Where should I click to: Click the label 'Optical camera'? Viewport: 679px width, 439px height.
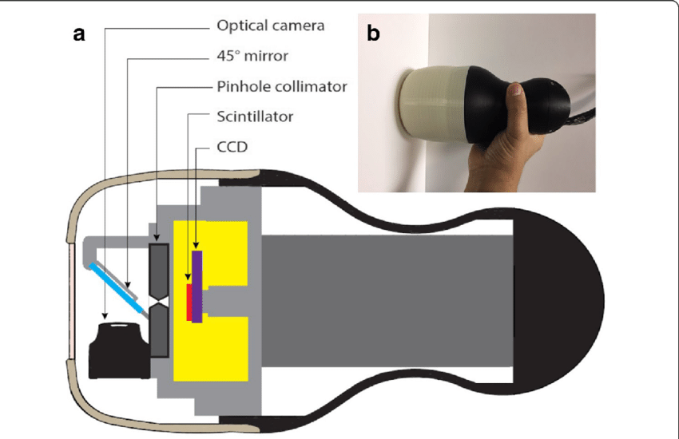[271, 26]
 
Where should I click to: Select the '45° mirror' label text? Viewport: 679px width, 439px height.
[252, 56]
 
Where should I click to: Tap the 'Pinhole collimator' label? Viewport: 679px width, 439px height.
[282, 85]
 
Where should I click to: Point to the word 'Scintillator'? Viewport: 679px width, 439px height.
[255, 117]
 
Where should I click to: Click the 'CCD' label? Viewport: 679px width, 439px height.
[233, 147]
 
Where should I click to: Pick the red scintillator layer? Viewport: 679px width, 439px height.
[189, 300]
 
